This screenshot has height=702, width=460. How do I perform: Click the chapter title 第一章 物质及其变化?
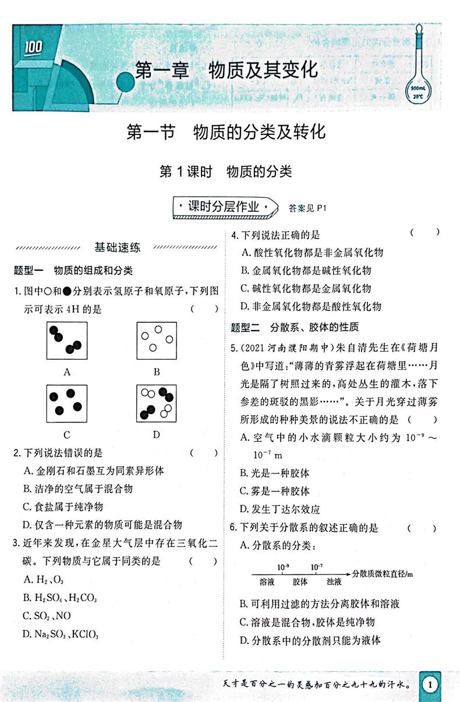pyautogui.click(x=226, y=70)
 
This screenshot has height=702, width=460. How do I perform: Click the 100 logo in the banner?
pyautogui.click(x=34, y=47)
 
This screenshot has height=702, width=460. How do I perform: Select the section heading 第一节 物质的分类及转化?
pyautogui.click(x=226, y=133)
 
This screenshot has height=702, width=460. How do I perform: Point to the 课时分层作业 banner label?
pyautogui.click(x=224, y=207)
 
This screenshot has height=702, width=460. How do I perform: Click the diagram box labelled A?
pyautogui.click(x=66, y=340)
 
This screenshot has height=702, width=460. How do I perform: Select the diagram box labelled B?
pyautogui.click(x=157, y=340)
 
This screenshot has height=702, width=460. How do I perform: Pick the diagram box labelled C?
pyautogui.click(x=66, y=403)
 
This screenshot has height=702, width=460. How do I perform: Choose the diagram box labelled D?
pyautogui.click(x=157, y=403)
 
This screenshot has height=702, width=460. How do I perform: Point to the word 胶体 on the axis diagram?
pyautogui.click(x=300, y=581)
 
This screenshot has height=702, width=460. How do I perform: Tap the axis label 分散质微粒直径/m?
pyautogui.click(x=383, y=574)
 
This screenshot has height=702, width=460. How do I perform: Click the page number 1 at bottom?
pyautogui.click(x=430, y=685)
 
